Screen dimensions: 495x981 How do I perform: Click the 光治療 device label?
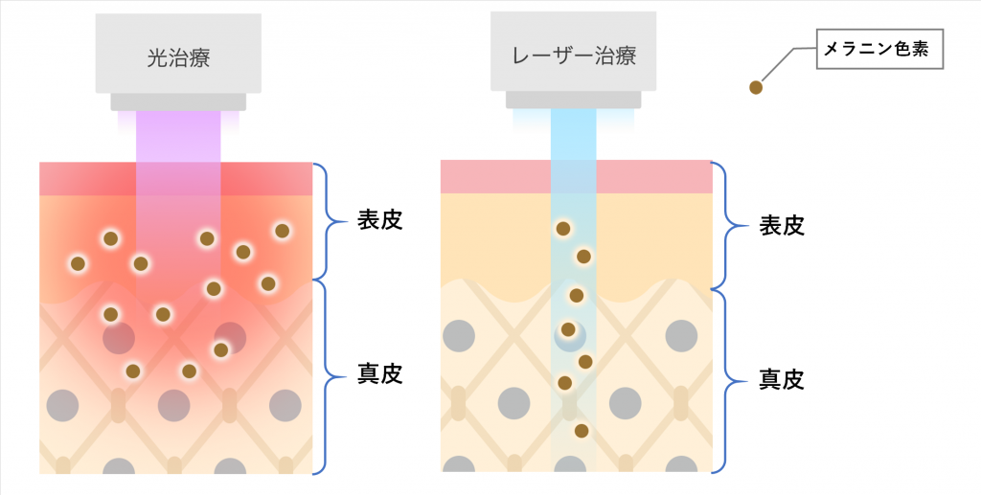coord(178,57)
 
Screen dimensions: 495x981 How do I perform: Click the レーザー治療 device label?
coord(573,55)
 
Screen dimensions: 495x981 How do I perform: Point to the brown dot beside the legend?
coord(756,88)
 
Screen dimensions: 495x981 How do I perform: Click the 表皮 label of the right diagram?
coord(781,226)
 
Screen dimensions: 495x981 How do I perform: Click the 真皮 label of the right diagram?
coord(781,379)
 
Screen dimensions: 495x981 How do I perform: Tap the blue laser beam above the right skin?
coord(573,134)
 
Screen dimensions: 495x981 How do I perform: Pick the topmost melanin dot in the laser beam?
coord(563,229)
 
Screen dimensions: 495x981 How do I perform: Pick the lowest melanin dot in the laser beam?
coord(582,431)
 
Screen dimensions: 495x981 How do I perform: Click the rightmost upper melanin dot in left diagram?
coord(282,231)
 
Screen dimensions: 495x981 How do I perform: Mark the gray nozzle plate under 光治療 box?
coord(178,101)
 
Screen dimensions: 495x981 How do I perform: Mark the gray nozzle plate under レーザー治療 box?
coord(573,99)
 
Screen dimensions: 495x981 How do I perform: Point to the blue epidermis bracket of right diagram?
coord(730,226)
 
